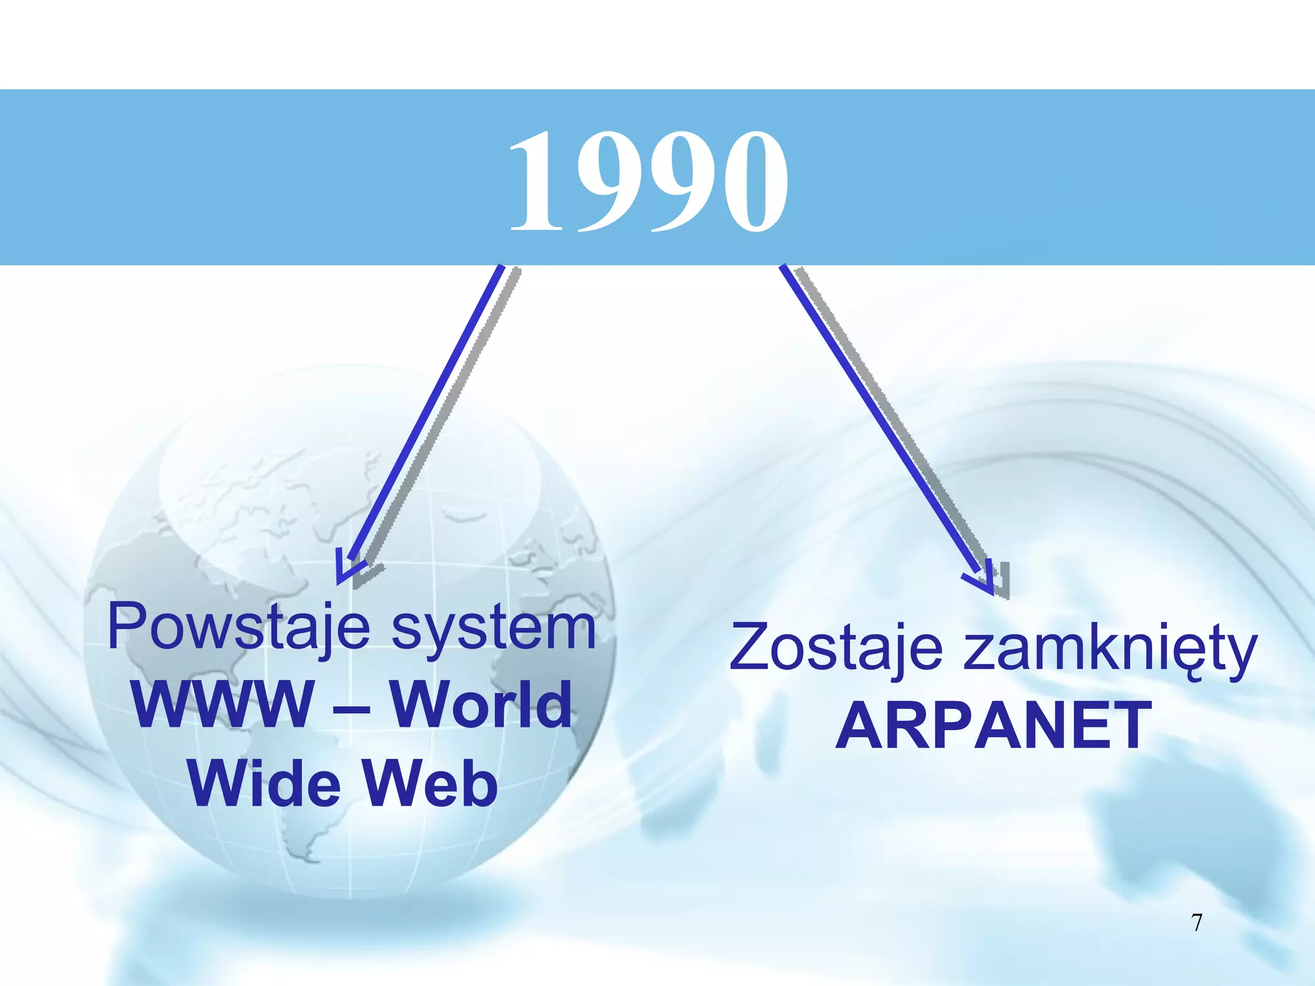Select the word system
493,629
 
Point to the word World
481,705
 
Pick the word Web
431,783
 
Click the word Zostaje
836,648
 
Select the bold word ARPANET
993,725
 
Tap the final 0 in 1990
753,181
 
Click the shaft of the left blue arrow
427,411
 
